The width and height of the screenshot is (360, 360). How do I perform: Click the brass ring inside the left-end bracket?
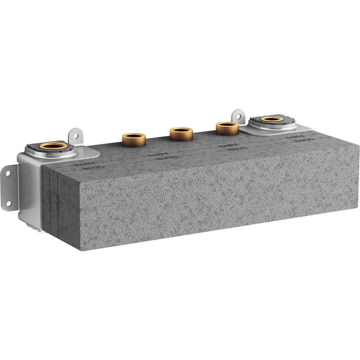click(x=53, y=146)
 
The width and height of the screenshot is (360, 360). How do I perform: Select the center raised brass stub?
click(x=181, y=133)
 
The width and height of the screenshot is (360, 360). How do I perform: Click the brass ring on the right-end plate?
click(x=271, y=119)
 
